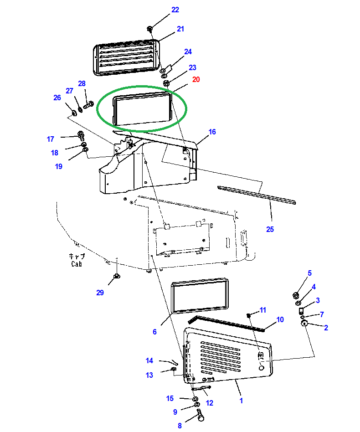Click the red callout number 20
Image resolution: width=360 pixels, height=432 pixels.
coord(196,79)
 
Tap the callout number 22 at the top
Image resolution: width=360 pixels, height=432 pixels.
coord(175,10)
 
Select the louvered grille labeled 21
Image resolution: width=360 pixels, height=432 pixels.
coord(127,57)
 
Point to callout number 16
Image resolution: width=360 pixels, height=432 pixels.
coord(212,132)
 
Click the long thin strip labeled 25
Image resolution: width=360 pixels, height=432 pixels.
coord(257,195)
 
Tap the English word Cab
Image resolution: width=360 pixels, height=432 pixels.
coord(77,264)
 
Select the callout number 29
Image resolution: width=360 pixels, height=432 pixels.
coord(100,293)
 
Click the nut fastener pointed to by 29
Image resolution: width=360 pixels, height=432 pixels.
coord(117,276)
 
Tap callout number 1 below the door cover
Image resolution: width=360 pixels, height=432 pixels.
coord(241,401)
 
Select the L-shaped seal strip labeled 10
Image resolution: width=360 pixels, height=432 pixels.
coord(226,323)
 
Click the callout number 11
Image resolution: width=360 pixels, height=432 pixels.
coord(263,310)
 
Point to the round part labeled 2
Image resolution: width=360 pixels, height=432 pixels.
coord(304,324)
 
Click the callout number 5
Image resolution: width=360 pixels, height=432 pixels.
coord(309,273)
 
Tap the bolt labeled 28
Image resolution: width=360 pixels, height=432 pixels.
coord(88,105)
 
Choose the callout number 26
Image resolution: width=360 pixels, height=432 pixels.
coord(57,98)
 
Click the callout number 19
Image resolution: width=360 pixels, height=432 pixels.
coord(59,166)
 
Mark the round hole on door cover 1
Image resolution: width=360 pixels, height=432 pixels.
coord(262,368)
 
